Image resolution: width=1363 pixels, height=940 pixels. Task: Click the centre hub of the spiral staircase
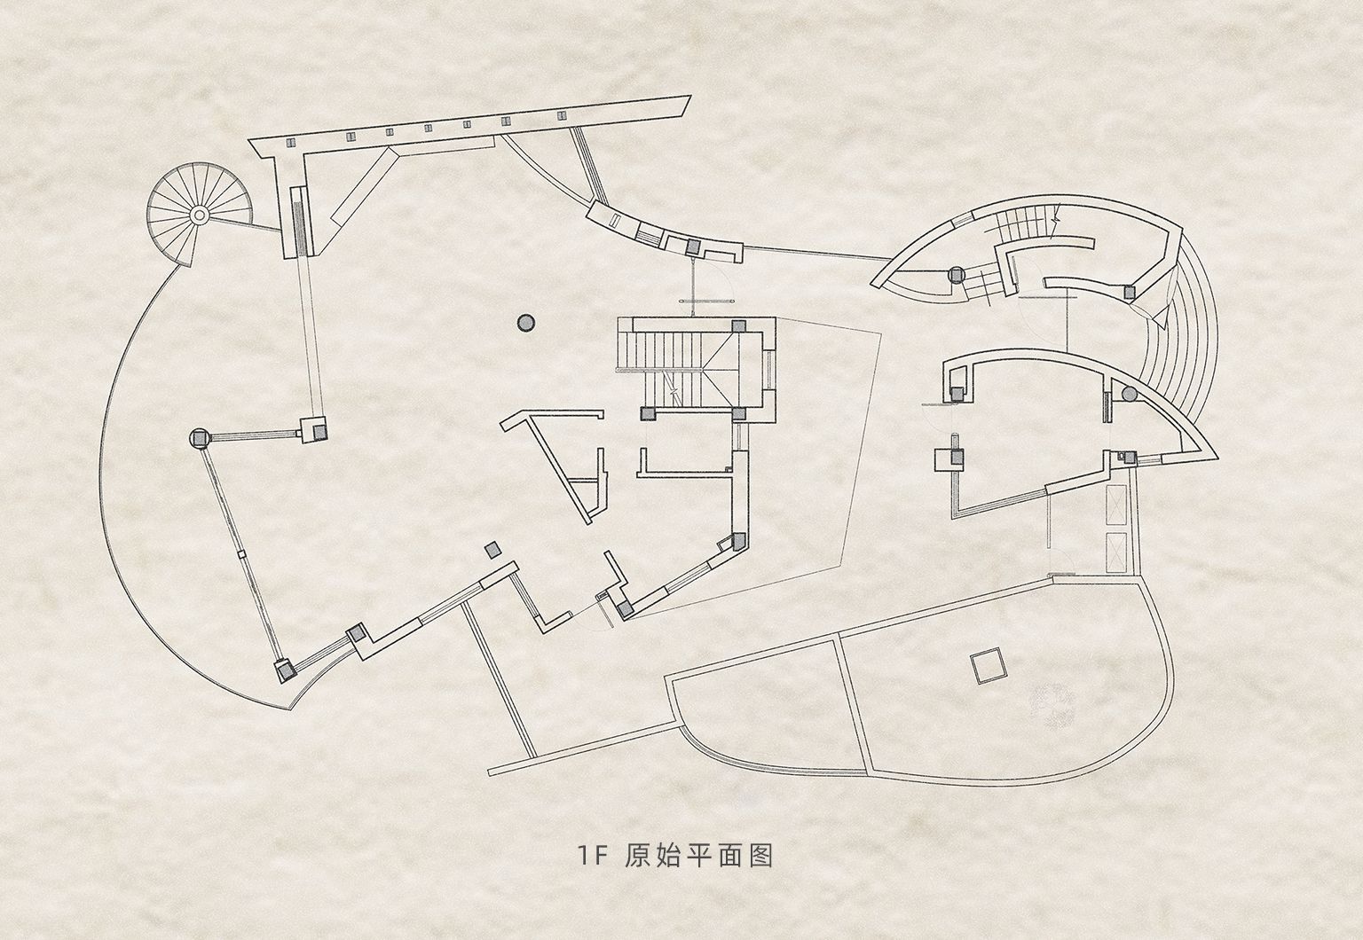[199, 214]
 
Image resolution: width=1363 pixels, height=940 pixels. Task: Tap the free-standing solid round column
[525, 323]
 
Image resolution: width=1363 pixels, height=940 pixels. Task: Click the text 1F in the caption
[593, 856]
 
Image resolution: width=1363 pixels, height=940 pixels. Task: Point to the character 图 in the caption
[760, 856]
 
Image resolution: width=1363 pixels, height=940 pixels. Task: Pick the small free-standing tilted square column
[492, 550]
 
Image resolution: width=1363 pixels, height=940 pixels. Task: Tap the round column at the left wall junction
[200, 437]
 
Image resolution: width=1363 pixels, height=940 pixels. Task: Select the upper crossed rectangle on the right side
[1116, 505]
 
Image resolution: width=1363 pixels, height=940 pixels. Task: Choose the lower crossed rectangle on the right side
[1116, 552]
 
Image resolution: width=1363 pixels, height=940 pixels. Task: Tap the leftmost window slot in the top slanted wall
[290, 142]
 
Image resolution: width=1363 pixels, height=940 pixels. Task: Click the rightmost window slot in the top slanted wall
[562, 115]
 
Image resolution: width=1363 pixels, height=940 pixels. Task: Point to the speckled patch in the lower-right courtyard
[1051, 705]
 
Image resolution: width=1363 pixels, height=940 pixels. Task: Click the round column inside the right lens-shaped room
[1129, 394]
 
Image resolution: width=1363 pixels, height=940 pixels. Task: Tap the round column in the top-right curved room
[956, 275]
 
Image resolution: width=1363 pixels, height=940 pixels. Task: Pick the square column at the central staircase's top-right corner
[738, 325]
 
